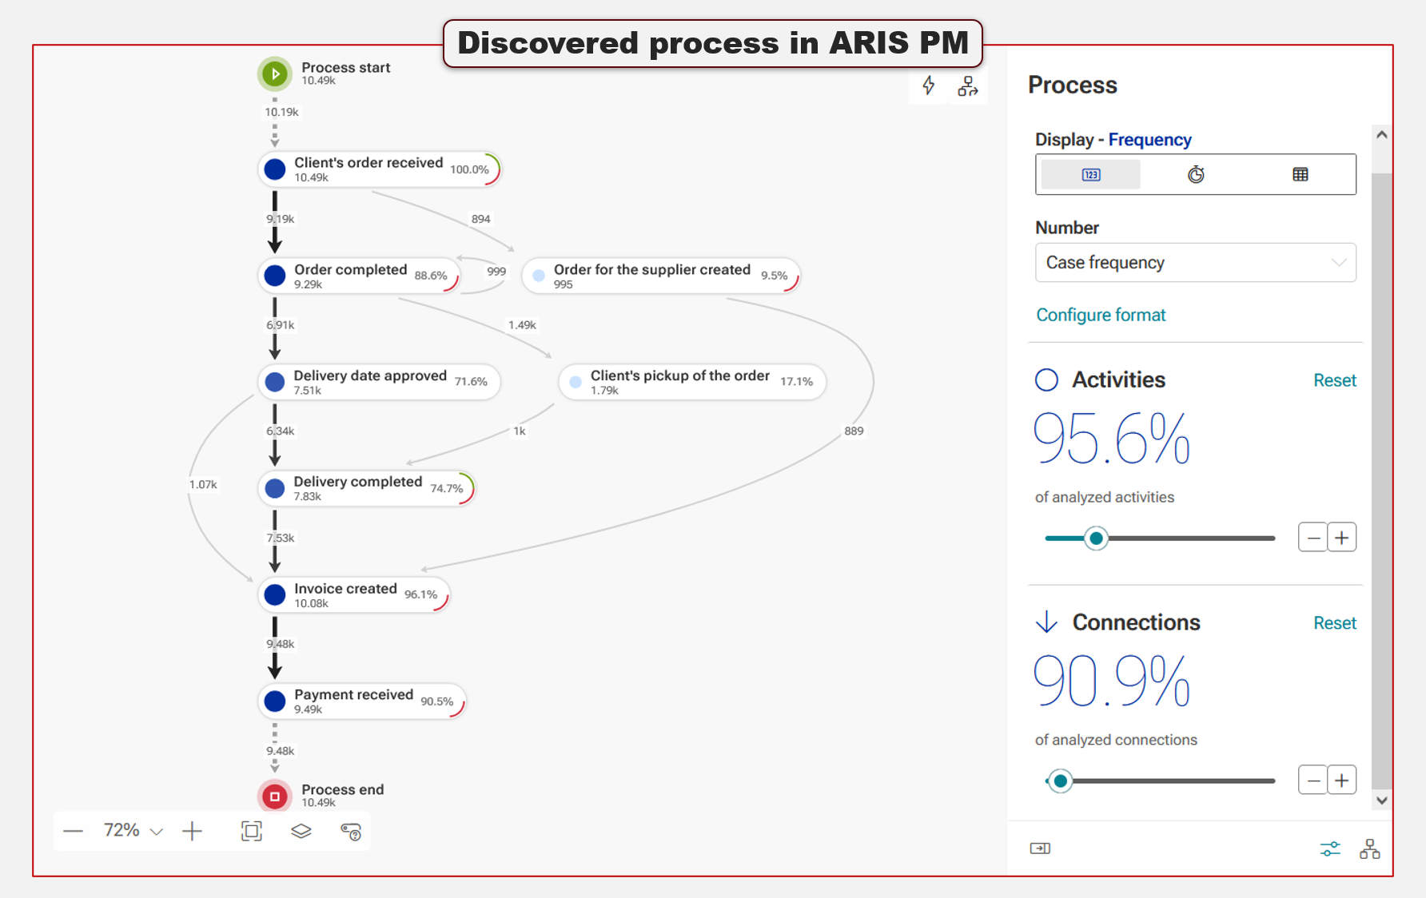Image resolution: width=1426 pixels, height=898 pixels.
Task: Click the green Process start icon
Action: (275, 74)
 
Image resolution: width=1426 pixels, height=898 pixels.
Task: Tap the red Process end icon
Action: (275, 796)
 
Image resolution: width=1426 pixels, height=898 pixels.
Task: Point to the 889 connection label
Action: (854, 431)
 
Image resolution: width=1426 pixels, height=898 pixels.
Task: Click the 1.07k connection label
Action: (203, 484)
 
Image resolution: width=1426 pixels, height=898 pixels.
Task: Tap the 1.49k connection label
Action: (522, 324)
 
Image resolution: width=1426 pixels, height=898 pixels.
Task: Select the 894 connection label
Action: (480, 219)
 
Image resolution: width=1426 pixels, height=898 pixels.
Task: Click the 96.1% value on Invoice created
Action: (420, 594)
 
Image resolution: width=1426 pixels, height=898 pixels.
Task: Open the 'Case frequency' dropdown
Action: (1195, 262)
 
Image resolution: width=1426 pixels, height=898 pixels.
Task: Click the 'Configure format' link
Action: (1101, 315)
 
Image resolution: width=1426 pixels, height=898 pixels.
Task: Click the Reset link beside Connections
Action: (1334, 622)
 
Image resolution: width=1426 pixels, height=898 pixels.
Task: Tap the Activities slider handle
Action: (1096, 538)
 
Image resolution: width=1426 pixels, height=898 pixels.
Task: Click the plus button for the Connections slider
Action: (1341, 780)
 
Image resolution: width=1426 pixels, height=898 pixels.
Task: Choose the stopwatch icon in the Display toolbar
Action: (1195, 174)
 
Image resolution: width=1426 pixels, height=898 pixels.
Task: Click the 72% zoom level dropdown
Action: (133, 831)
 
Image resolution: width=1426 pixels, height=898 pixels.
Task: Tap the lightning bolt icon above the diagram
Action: (928, 85)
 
